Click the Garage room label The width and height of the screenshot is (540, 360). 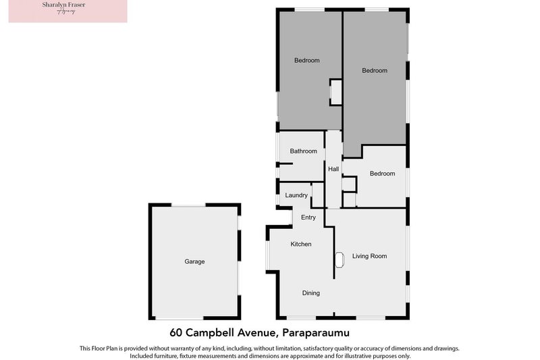point(194,261)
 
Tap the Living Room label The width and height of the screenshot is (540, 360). point(369,256)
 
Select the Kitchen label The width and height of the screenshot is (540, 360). point(300,244)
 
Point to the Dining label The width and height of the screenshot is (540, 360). point(310,293)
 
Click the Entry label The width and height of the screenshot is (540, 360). point(308,217)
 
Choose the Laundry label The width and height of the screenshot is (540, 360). point(296,195)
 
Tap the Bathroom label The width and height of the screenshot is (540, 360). point(303,151)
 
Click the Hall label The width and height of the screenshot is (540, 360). point(333,169)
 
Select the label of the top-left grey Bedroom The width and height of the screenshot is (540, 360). point(306,61)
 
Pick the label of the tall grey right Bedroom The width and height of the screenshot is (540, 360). point(374,71)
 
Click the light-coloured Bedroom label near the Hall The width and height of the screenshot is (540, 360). point(382,174)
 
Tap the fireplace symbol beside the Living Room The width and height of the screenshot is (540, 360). point(340,259)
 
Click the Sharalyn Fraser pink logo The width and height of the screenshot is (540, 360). point(67,11)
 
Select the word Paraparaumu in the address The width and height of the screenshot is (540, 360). point(316,332)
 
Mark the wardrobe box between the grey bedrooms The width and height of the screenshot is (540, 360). point(335,92)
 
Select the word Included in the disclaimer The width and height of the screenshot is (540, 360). point(144,356)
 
